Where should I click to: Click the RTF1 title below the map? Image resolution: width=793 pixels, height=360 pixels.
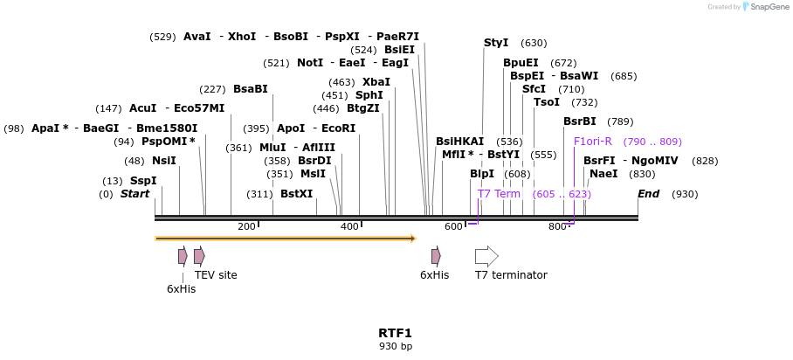(395, 333)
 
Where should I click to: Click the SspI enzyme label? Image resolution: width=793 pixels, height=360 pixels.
(143, 181)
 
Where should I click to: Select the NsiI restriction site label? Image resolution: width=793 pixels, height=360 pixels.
(163, 161)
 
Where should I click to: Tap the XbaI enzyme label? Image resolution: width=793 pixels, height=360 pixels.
(376, 82)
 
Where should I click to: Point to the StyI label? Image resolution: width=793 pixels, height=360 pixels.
(496, 43)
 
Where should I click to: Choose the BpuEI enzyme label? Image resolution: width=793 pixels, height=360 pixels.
(521, 63)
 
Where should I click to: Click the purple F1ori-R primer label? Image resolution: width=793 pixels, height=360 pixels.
(593, 142)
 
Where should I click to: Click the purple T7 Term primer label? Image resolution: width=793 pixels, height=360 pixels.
(499, 194)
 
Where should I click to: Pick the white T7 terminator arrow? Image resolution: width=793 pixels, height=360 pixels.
(486, 256)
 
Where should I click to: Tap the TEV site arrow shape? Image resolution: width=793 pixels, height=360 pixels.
(199, 256)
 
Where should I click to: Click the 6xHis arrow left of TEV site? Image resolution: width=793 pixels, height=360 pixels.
(183, 256)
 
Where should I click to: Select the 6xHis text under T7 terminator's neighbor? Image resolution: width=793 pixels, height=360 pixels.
(434, 275)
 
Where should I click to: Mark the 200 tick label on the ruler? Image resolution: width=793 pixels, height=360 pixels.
(246, 227)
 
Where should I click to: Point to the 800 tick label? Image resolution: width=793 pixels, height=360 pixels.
(557, 227)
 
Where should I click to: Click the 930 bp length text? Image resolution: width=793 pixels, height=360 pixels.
(395, 347)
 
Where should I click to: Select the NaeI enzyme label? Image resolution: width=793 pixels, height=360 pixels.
(603, 174)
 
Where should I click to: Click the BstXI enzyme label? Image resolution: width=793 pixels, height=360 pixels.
(296, 194)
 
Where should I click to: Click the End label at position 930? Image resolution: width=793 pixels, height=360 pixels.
(648, 194)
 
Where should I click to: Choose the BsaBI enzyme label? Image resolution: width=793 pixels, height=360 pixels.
(251, 89)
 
